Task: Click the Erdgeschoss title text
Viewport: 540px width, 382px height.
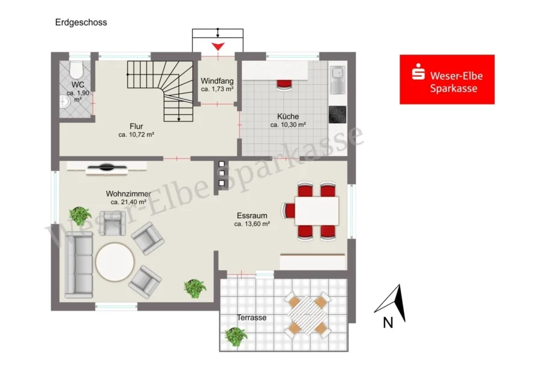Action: [x=81, y=22]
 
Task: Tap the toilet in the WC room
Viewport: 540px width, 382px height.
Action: [x=76, y=70]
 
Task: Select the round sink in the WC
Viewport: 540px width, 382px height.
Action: [x=64, y=102]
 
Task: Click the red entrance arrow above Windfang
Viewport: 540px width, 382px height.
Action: [x=218, y=46]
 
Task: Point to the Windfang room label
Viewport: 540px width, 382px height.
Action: [x=217, y=81]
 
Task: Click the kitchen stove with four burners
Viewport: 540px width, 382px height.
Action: [x=337, y=114]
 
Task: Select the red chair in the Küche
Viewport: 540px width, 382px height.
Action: [x=284, y=85]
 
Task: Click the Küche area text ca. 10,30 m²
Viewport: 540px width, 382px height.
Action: [x=288, y=125]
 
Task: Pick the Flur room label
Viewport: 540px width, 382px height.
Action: [x=136, y=126]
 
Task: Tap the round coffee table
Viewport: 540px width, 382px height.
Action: [x=115, y=262]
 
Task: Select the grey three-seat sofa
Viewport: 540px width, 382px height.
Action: [x=79, y=265]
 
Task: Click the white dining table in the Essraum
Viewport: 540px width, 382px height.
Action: [x=316, y=211]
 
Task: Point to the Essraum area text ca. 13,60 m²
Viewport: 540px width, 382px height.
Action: [x=252, y=224]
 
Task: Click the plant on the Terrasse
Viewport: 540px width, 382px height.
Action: [x=236, y=336]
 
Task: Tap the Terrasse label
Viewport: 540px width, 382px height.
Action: [x=251, y=318]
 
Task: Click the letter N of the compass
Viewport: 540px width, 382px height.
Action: [x=388, y=323]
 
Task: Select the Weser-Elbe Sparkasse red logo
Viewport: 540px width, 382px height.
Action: [x=447, y=79]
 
